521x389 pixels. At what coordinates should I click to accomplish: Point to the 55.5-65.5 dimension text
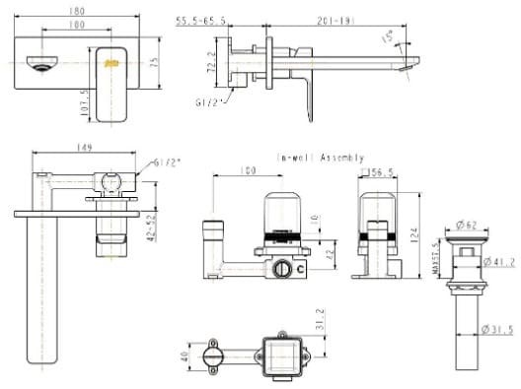pos(202,19)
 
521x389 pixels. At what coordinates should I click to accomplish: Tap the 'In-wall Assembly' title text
pos(321,158)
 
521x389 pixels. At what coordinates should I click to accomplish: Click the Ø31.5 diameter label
pos(500,330)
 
